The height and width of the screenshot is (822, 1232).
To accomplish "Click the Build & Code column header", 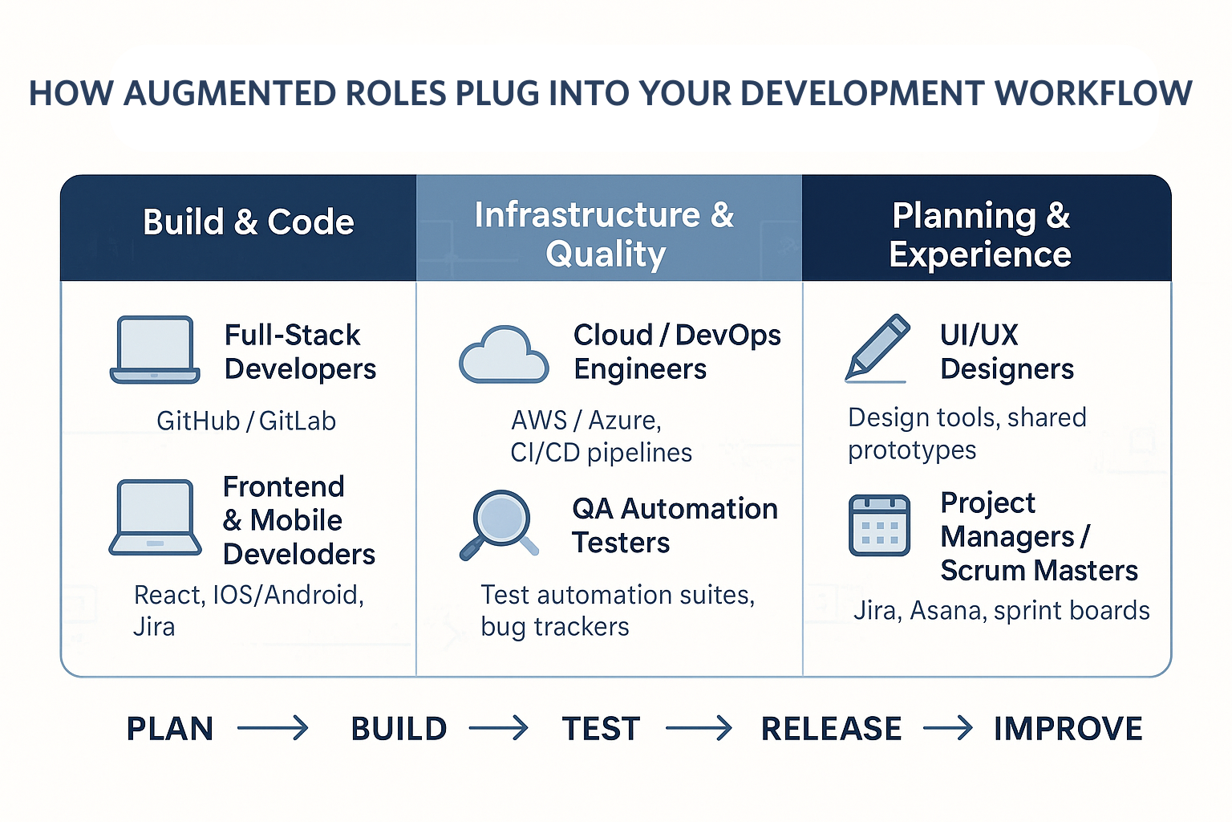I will tap(248, 222).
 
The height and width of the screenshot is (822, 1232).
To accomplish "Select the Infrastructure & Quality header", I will tap(605, 234).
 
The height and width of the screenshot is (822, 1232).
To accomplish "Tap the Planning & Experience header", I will tap(980, 234).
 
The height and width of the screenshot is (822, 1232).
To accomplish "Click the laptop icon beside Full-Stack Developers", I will tap(155, 350).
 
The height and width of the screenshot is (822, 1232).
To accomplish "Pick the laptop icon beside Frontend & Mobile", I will tap(155, 518).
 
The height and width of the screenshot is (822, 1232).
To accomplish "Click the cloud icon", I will tap(504, 355).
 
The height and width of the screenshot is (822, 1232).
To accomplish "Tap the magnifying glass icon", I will tap(499, 524).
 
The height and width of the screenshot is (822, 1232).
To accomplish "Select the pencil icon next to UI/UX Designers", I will tap(877, 348).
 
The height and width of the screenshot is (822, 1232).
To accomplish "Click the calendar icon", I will tap(879, 525).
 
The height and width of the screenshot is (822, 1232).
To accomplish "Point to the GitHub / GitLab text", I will tap(246, 421).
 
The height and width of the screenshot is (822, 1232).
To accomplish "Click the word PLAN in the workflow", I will tap(170, 729).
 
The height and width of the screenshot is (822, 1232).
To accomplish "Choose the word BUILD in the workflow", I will tap(399, 729).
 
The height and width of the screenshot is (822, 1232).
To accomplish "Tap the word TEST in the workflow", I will tap(601, 729).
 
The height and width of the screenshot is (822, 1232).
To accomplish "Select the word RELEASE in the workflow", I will tap(831, 729).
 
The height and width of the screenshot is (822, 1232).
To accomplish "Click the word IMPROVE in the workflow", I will tap(1068, 729).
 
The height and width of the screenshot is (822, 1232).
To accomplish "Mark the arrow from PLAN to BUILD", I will tap(273, 729).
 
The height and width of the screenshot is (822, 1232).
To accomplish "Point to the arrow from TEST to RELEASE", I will tap(699, 729).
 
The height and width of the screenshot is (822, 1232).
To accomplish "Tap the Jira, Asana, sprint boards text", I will tap(1001, 611).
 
